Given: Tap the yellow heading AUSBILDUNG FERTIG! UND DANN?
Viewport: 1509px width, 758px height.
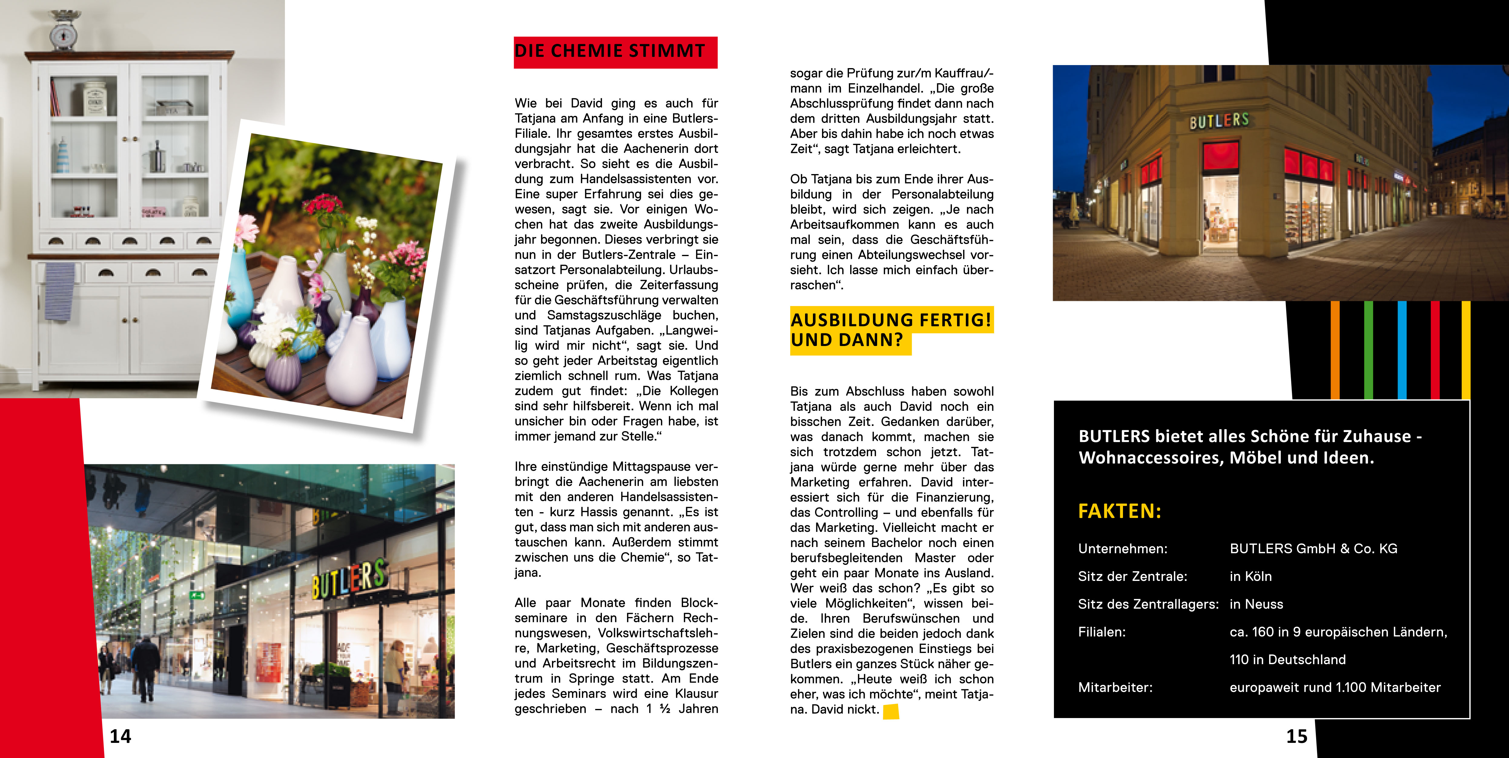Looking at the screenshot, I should pos(890,330).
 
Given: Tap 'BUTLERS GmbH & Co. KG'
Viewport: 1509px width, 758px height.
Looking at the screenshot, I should pos(1313,549).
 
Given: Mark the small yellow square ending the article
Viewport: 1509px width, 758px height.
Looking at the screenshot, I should pos(891,711).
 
